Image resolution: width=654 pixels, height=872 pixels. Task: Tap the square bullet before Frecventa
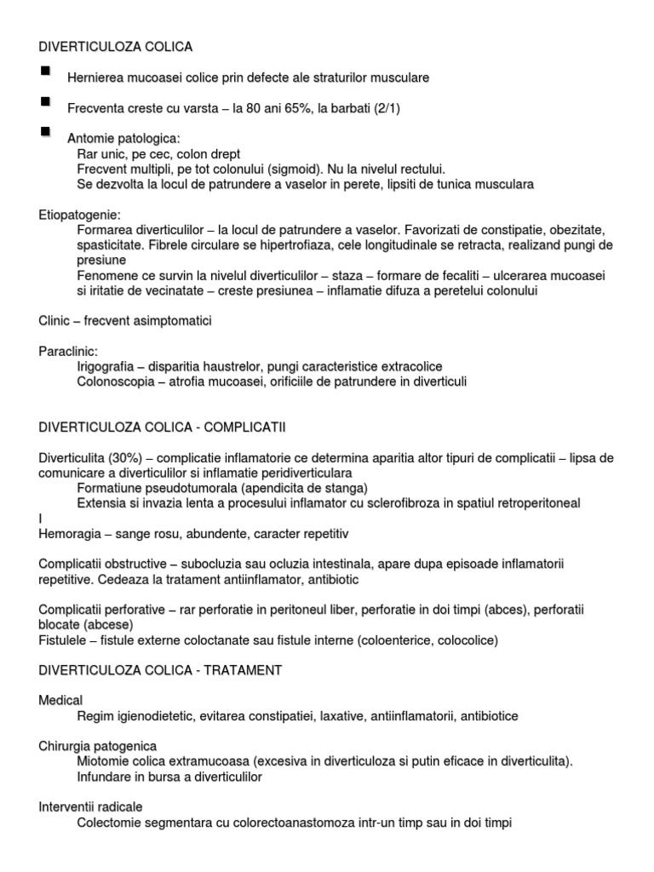[x=45, y=102]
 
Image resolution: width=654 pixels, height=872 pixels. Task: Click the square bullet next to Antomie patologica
[x=45, y=133]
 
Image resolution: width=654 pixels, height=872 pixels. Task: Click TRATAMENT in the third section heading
[x=242, y=670]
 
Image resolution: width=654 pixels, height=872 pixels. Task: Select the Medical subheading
[x=61, y=700]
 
